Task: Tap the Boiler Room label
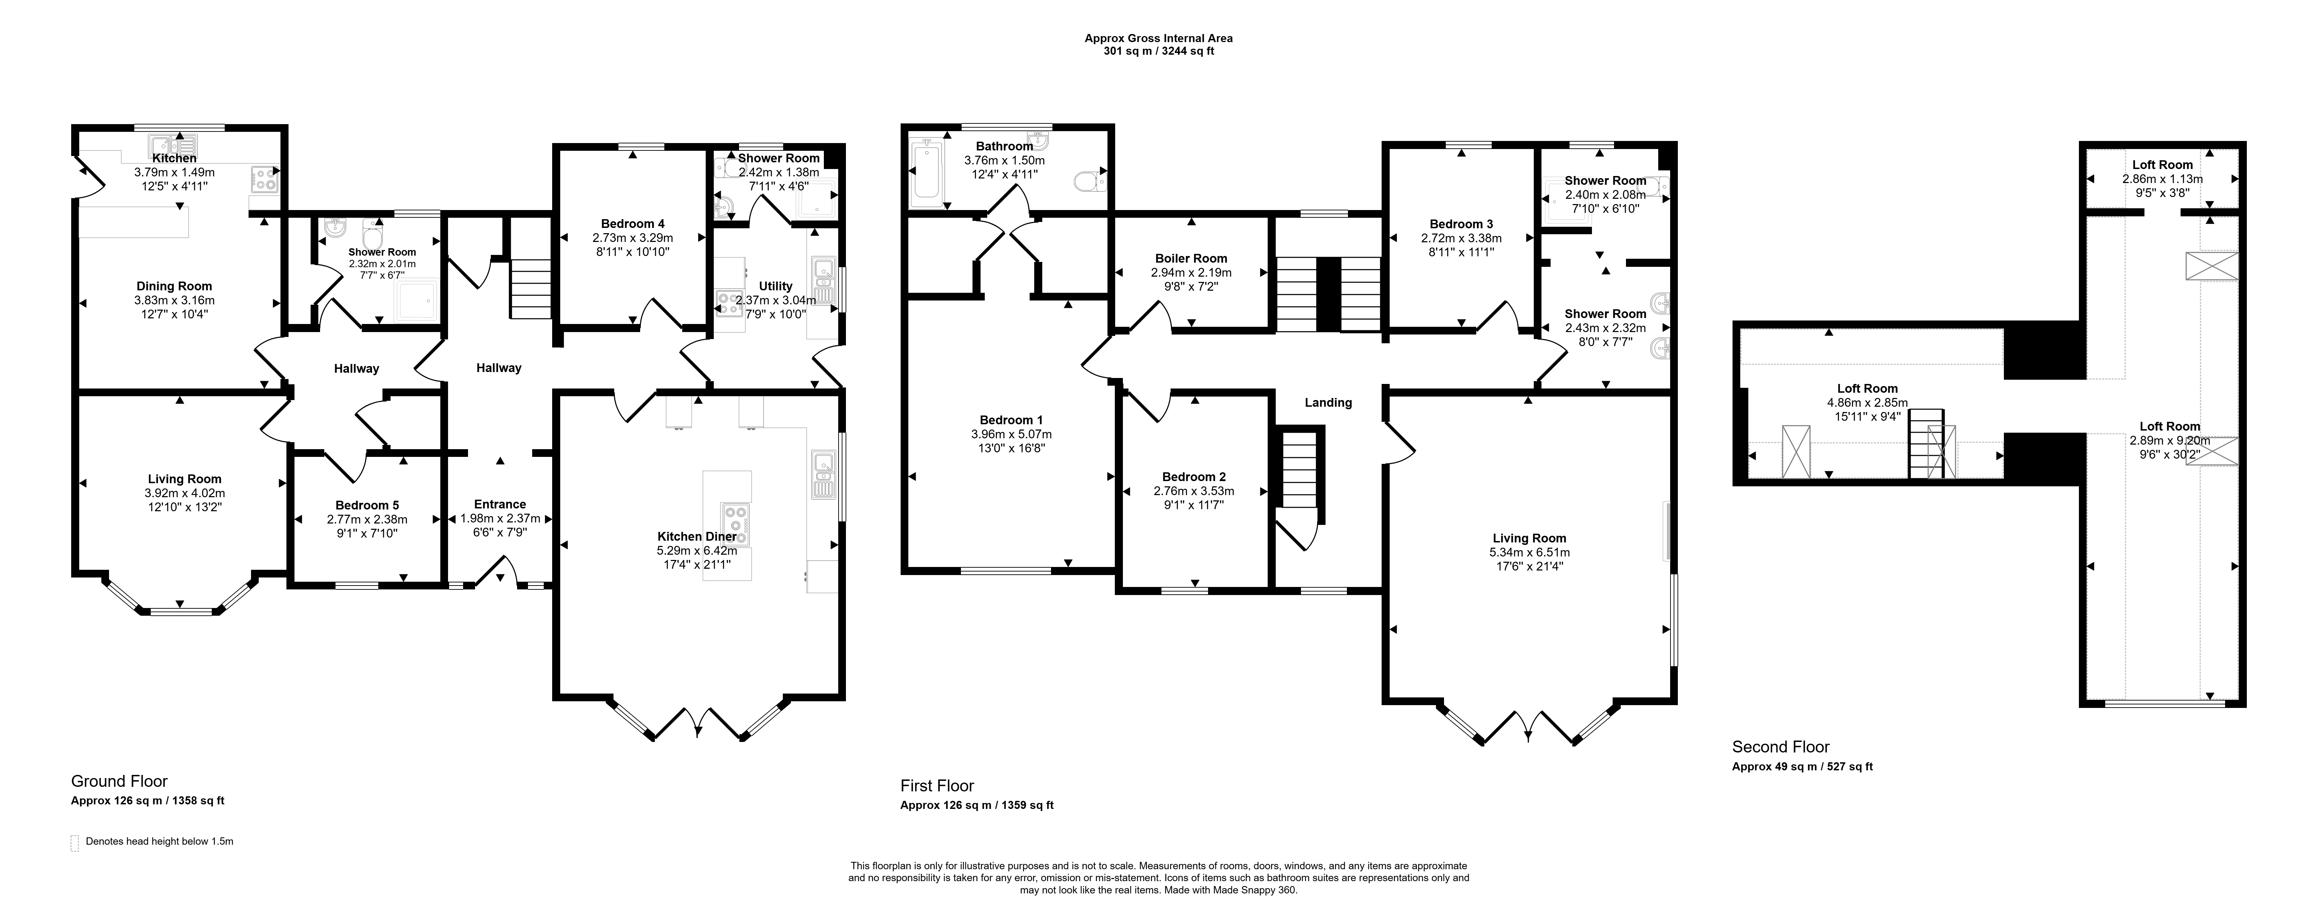coord(1191,258)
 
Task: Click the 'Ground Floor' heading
coord(120,782)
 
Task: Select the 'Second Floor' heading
coord(1781,747)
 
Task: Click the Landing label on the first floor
coord(1328,403)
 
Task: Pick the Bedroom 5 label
coord(367,506)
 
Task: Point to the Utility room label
coord(776,286)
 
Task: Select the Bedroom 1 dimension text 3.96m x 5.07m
coord(1011,434)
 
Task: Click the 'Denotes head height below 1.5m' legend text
coord(159,842)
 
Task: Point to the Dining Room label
coord(175,286)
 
